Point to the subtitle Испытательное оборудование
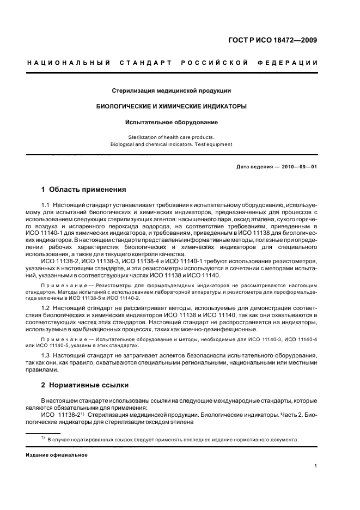(x=172, y=123)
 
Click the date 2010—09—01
(x=299, y=167)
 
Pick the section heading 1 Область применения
(x=84, y=190)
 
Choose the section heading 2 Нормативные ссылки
(x=85, y=385)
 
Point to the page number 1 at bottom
(x=316, y=465)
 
